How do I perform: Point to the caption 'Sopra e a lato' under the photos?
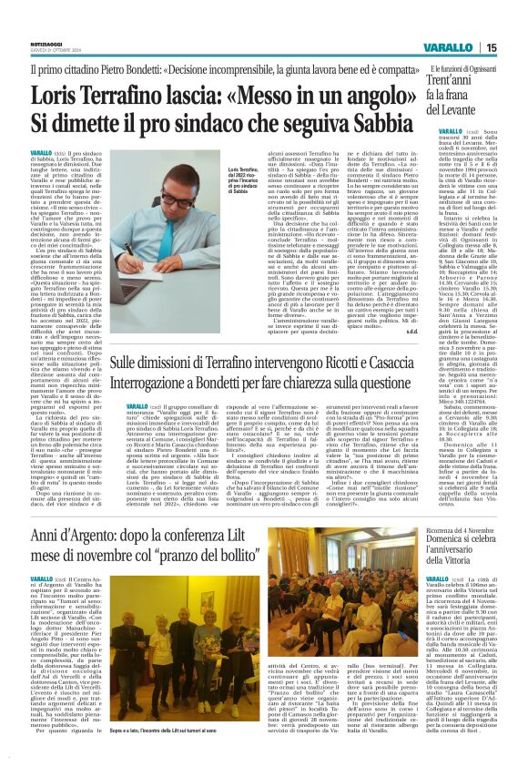point(195,730)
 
